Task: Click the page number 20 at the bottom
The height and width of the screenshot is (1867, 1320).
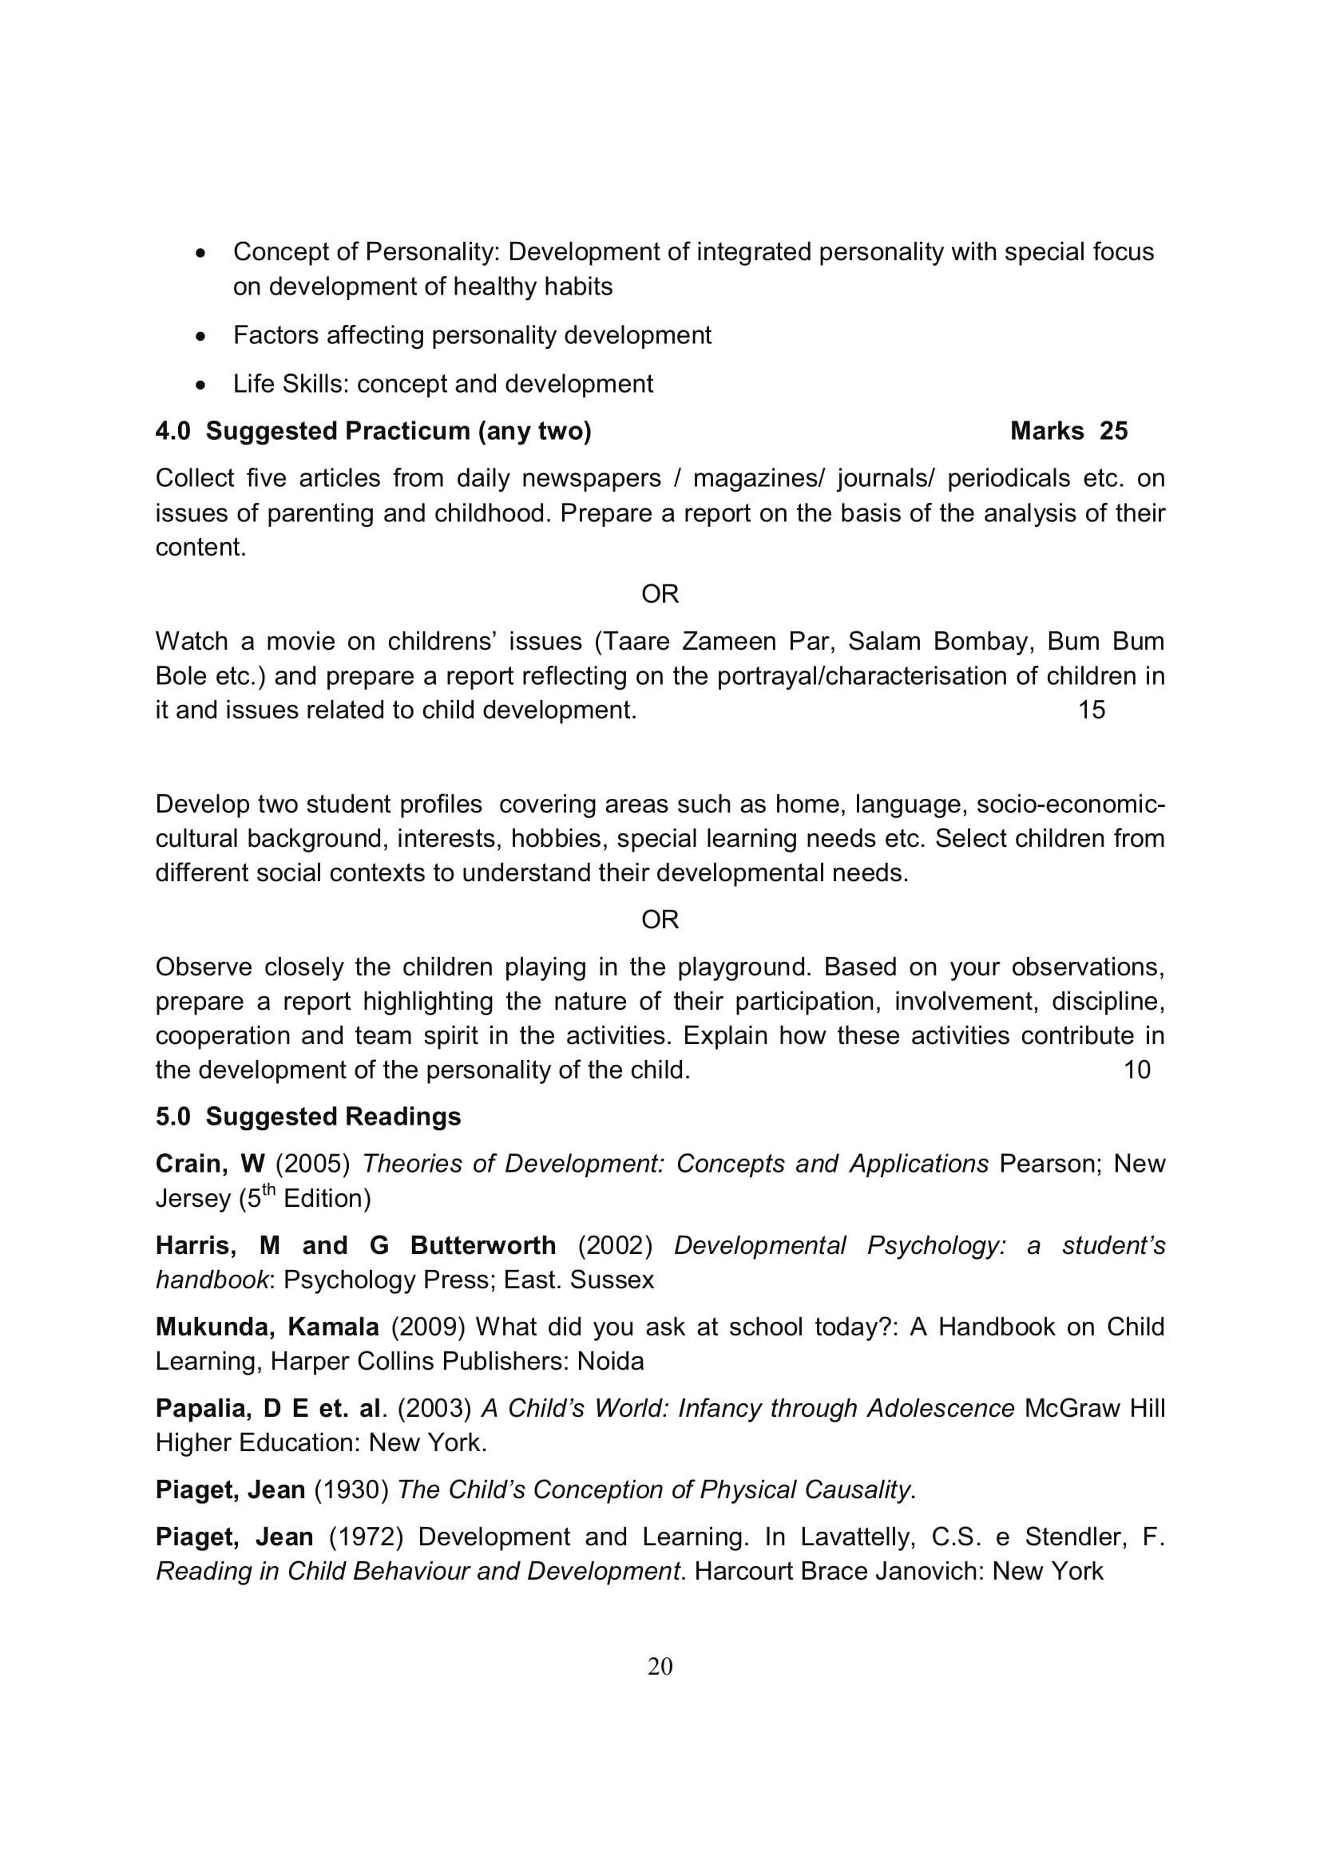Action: pyautogui.click(x=660, y=1666)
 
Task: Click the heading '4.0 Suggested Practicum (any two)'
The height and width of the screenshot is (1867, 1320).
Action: pyautogui.click(x=373, y=431)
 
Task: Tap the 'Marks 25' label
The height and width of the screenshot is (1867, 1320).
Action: pyautogui.click(x=1068, y=431)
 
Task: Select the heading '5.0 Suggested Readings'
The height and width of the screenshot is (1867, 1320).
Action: pyautogui.click(x=308, y=1117)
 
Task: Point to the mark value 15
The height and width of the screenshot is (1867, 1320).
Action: pyautogui.click(x=1092, y=710)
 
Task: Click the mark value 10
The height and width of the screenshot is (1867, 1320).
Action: pyautogui.click(x=1136, y=1070)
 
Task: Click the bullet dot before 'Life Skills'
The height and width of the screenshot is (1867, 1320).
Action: pyautogui.click(x=201, y=385)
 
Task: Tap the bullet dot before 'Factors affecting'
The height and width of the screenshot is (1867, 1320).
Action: pyautogui.click(x=201, y=336)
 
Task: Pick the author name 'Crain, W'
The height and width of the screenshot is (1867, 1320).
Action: pyautogui.click(x=210, y=1164)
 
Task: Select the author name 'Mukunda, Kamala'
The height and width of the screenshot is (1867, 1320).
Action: pyautogui.click(x=267, y=1327)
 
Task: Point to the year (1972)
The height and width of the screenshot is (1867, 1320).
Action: pyautogui.click(x=366, y=1536)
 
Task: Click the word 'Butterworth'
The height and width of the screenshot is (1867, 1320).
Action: pyautogui.click(x=483, y=1245)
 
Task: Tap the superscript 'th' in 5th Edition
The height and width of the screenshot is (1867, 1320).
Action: pyautogui.click(x=268, y=1190)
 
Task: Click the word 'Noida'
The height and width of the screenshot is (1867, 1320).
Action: pyautogui.click(x=610, y=1360)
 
